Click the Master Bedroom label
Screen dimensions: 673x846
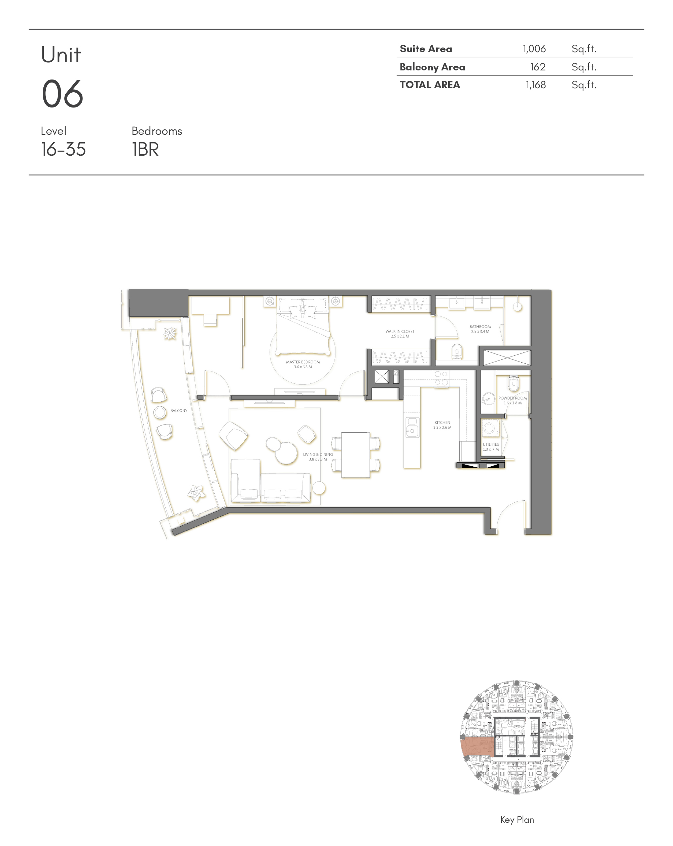[303, 365]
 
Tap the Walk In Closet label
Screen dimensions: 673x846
[400, 334]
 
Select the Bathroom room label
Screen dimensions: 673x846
[480, 329]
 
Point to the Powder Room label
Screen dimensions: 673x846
[512, 400]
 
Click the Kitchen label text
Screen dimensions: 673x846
[442, 425]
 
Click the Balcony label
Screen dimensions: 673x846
[179, 410]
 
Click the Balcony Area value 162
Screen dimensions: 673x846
[538, 67]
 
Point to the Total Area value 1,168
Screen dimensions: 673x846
[536, 85]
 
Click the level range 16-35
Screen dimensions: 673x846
[63, 149]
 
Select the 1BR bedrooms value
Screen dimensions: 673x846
[145, 149]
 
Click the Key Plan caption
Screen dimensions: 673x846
[517, 819]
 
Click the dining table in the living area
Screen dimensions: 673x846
[355, 455]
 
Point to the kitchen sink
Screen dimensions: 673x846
[412, 427]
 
